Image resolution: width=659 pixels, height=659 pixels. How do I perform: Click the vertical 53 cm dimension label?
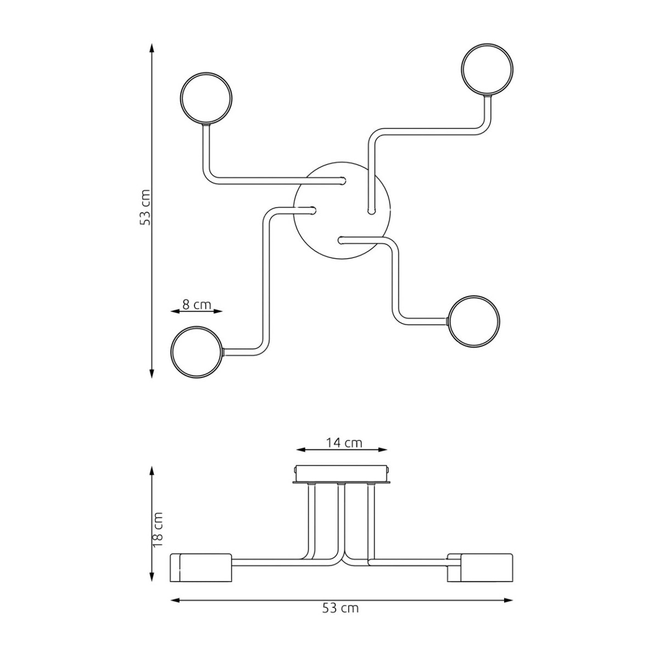click(x=145, y=207)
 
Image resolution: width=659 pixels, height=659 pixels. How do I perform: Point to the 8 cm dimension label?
click(x=197, y=304)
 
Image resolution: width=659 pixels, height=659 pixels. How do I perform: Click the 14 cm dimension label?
click(x=343, y=443)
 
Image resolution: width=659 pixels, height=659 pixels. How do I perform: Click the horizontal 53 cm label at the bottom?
click(x=340, y=608)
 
